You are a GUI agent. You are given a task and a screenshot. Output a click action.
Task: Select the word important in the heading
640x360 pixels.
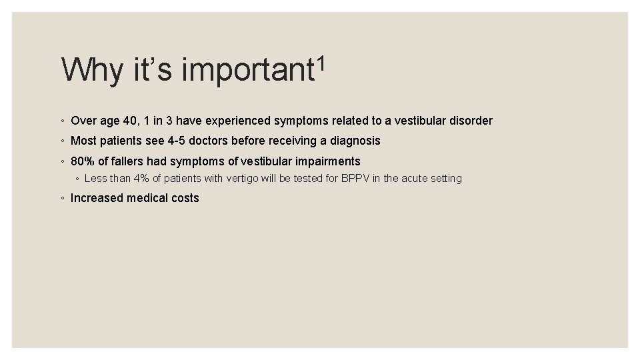247,71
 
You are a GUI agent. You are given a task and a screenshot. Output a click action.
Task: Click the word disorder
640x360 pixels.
471,121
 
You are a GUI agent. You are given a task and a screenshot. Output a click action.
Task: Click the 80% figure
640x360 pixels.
83,161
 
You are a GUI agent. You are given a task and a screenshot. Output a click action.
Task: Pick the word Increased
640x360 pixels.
97,198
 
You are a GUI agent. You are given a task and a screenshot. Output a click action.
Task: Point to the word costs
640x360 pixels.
184,198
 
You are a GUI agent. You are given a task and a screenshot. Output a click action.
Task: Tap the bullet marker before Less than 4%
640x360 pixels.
77,179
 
